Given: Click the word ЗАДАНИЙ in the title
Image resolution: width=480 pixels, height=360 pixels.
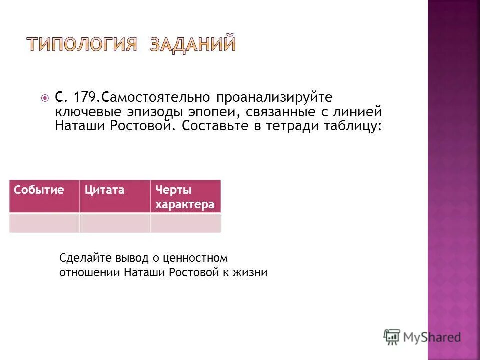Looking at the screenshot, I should [192, 44].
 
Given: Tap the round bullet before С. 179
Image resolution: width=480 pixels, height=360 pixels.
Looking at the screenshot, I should [45, 97].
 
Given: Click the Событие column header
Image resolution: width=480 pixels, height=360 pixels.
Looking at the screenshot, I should [39, 190].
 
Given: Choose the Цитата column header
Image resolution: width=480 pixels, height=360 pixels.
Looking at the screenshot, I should [104, 190].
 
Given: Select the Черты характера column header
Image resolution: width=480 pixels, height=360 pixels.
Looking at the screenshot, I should [185, 197].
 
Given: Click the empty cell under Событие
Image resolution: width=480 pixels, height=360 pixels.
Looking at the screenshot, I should [44, 223].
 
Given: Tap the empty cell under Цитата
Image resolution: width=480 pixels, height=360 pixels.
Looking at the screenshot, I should [115, 223].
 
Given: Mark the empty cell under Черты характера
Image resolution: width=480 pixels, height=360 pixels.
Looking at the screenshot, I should [185, 223].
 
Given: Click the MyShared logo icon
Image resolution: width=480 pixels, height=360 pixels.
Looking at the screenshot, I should [392, 337].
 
